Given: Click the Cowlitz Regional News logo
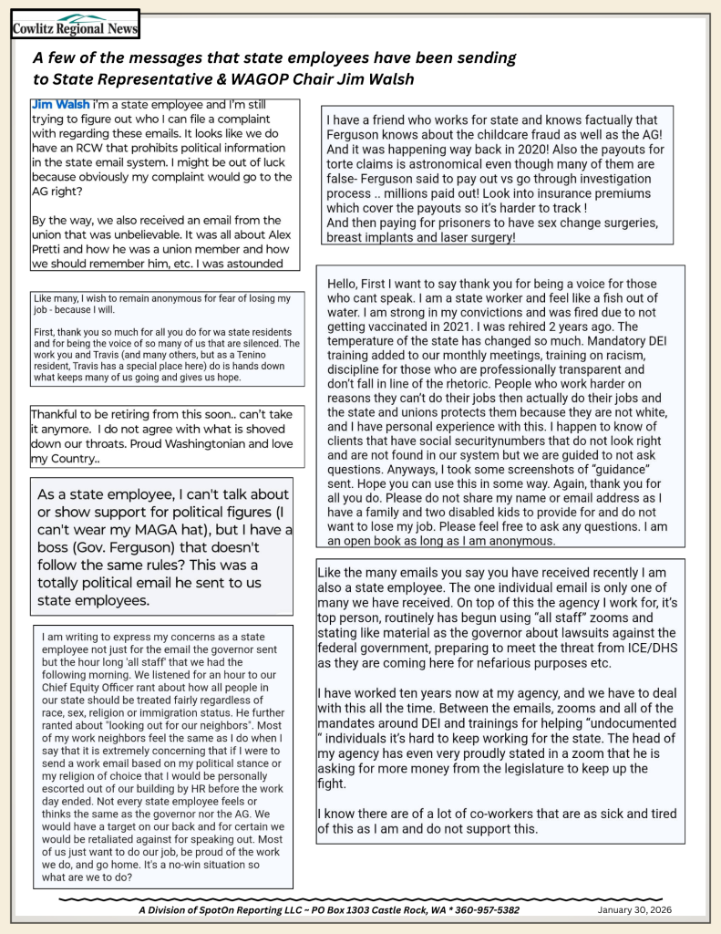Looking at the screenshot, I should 75,26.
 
